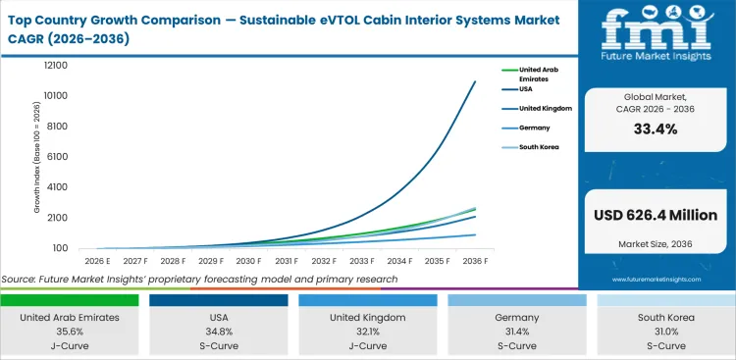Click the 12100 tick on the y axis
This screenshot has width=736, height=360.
click(x=54, y=66)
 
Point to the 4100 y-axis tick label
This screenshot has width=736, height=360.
click(x=56, y=187)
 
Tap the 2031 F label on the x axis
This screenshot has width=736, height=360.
click(x=287, y=262)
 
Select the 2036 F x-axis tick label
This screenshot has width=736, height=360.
click(x=476, y=262)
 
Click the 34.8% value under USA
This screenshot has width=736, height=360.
click(x=221, y=332)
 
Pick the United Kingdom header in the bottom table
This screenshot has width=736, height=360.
click(x=368, y=317)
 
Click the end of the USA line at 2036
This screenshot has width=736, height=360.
click(x=475, y=81)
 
